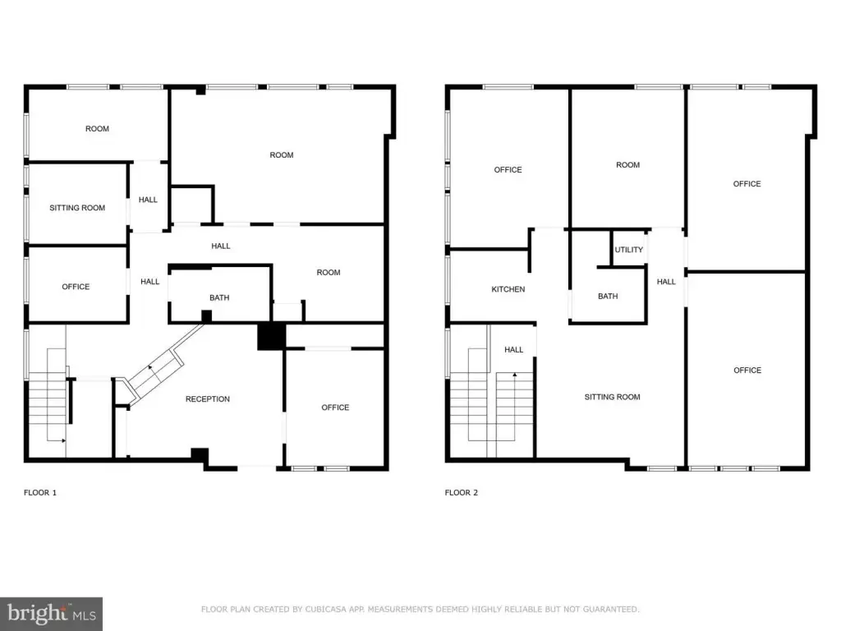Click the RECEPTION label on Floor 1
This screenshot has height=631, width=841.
(x=208, y=398)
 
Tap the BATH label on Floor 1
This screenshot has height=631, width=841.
(x=219, y=297)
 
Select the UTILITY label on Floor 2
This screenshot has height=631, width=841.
(x=628, y=250)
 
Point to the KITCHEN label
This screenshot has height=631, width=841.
(x=508, y=289)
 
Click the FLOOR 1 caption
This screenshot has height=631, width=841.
(x=40, y=493)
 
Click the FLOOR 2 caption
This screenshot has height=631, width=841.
(x=462, y=493)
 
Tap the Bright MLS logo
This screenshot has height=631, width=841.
(x=51, y=614)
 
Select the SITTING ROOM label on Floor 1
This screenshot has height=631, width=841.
(x=77, y=208)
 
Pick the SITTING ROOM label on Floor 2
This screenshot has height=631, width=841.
(x=612, y=397)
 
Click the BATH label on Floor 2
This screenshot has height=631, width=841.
(x=608, y=296)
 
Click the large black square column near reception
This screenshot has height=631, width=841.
(x=271, y=336)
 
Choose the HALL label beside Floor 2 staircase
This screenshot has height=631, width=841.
(x=514, y=350)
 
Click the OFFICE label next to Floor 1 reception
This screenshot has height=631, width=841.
(x=335, y=408)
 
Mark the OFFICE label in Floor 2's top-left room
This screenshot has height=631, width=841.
(x=508, y=169)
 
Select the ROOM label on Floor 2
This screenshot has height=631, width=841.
(x=628, y=164)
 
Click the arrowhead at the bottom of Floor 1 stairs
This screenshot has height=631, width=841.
(x=63, y=440)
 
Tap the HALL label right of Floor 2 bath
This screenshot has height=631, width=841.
(x=666, y=282)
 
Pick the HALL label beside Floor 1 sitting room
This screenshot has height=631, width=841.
(x=148, y=200)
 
